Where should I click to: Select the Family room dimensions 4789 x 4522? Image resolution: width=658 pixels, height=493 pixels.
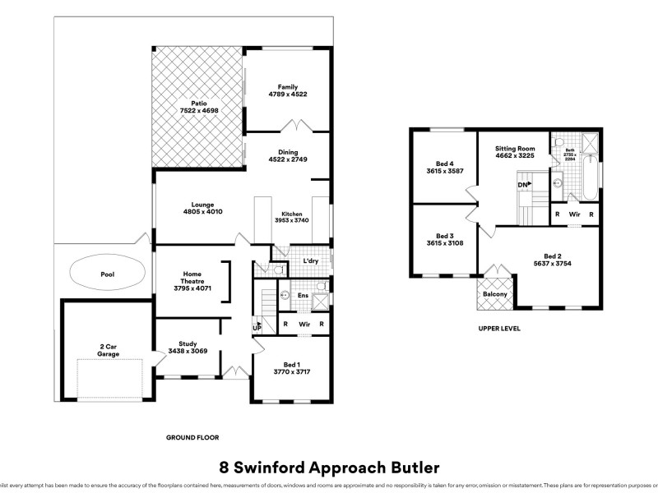(x=287, y=94)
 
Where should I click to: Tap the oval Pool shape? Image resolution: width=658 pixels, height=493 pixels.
(x=108, y=274)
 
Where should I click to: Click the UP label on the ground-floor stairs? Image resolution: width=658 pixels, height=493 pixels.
(x=257, y=328)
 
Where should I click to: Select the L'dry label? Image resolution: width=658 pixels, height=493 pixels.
(x=311, y=260)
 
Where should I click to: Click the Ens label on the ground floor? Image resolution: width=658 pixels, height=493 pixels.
(x=303, y=295)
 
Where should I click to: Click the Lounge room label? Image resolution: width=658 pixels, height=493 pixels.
(x=203, y=205)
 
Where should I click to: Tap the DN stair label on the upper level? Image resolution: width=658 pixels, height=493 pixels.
(x=523, y=186)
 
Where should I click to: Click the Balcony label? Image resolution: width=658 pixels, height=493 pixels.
(x=494, y=294)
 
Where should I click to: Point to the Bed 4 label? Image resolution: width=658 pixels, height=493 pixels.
(x=445, y=162)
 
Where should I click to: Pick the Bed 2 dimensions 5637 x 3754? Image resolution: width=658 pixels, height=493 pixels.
(x=551, y=264)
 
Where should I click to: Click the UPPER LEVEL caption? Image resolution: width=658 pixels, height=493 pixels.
(x=499, y=329)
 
